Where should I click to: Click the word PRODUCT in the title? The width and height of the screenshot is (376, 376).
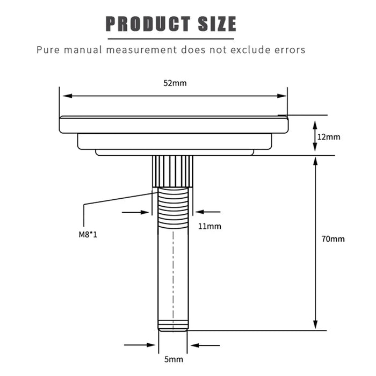(x=148, y=24)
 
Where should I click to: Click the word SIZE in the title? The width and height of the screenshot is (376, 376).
(x=217, y=24)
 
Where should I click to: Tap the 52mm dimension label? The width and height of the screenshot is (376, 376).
(x=175, y=83)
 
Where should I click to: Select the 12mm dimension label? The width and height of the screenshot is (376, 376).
(x=329, y=137)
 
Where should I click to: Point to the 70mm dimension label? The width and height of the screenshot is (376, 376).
(x=333, y=239)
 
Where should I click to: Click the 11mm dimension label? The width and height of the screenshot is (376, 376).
(x=209, y=226)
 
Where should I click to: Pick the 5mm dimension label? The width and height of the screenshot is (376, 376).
(x=173, y=359)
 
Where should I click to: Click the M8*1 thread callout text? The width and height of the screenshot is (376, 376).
(x=88, y=234)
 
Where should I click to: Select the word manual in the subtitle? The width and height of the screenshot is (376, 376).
(x=83, y=50)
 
